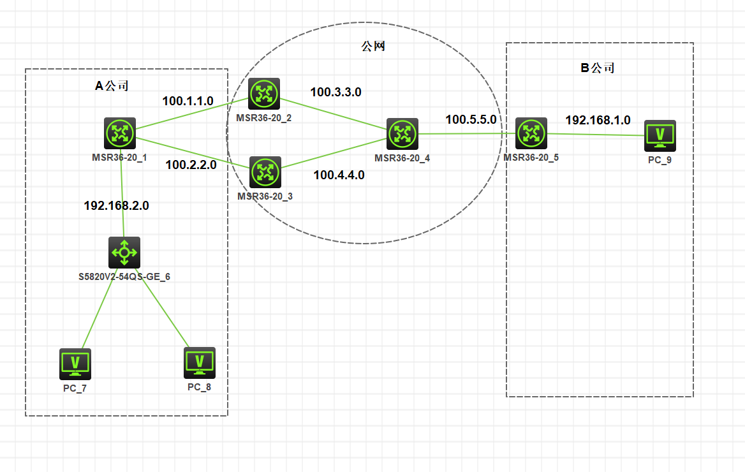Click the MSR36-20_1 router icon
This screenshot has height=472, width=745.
pos(120,133)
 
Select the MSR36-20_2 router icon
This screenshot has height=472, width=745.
pos(264,94)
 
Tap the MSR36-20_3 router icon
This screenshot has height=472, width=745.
pos(264,172)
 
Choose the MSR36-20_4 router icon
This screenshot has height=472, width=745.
pos(402,133)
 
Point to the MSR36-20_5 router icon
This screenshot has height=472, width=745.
pos(531,133)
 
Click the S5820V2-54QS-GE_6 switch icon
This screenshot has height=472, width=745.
pos(124,253)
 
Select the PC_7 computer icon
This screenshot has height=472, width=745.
pos(75,364)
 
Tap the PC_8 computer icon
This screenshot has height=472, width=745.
pos(199,362)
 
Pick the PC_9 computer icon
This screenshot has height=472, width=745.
pos(660,136)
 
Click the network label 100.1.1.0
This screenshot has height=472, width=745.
pos(188,101)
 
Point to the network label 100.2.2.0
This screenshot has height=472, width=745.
pos(191,165)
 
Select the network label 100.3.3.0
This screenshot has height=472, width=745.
pos(336,92)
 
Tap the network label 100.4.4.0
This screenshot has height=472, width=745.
pos(339,175)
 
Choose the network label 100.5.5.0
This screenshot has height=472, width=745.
pos(471,119)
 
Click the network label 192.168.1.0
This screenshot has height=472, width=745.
pos(598,120)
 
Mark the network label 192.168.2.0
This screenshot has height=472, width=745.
pos(116,205)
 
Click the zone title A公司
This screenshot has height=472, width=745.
pos(112,85)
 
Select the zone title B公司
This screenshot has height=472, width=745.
pos(597,68)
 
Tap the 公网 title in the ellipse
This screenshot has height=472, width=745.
pos(373,46)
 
